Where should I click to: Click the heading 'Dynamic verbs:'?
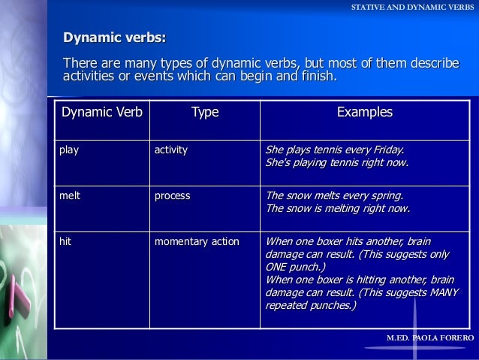coord(115,38)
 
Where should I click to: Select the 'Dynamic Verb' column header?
coord(102,113)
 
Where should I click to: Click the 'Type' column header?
coord(204,113)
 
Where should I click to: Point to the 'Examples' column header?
coord(364,113)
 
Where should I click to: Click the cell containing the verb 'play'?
coord(70,150)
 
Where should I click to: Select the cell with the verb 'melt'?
coord(71,195)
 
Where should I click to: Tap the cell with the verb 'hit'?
coord(66,241)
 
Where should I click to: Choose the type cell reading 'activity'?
coord(171,150)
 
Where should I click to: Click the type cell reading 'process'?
coord(172,195)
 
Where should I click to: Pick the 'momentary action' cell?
coord(197,241)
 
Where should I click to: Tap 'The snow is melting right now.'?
coord(338,208)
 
